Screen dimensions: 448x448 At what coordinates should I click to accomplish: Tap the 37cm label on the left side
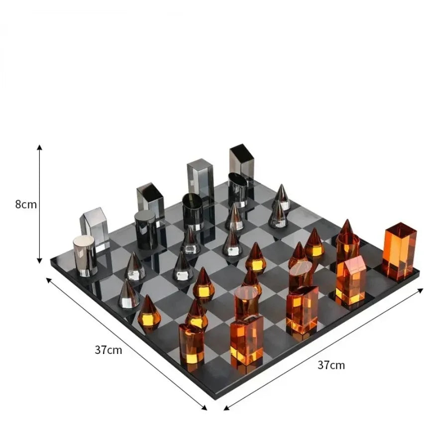coord(109,349)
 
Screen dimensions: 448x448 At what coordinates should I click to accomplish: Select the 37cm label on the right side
coord(331,365)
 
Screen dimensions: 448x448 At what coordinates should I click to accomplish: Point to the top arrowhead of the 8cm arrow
coord(39,147)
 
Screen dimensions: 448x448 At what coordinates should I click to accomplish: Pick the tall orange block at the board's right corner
coord(399,250)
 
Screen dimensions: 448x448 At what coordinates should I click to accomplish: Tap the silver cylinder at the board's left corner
coord(85,255)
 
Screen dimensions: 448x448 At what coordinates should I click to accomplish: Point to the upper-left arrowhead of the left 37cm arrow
coord(49,280)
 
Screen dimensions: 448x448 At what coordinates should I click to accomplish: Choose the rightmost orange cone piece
coord(346,230)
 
